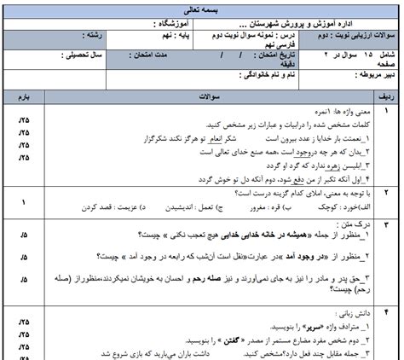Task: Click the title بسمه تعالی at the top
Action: pyautogui.click(x=202, y=7)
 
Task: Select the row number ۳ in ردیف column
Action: pyautogui.click(x=385, y=223)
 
